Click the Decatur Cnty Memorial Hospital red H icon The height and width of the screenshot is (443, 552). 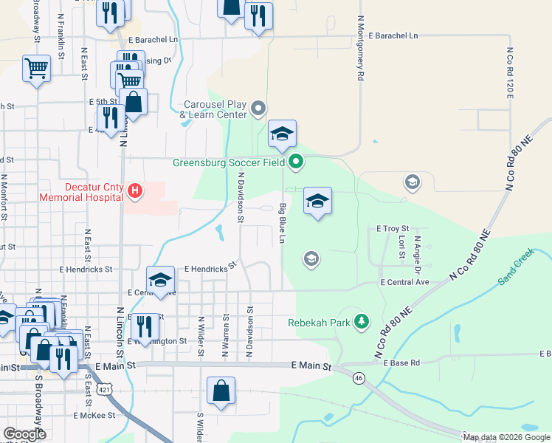pyautogui.click(x=134, y=192)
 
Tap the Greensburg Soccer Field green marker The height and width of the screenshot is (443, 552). pyautogui.click(x=296, y=161)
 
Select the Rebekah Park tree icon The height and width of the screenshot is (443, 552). pyautogui.click(x=361, y=321)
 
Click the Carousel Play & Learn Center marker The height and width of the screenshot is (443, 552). pyautogui.click(x=258, y=109)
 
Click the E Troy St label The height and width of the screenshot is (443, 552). pyautogui.click(x=393, y=230)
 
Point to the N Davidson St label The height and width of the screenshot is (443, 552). pyautogui.click(x=240, y=197)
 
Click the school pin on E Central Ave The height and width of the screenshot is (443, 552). pyautogui.click(x=160, y=280)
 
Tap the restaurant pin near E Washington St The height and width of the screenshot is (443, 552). pyautogui.click(x=145, y=326)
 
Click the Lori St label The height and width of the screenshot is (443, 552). pyautogui.click(x=401, y=248)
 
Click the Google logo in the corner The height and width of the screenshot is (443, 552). pyautogui.click(x=24, y=434)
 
